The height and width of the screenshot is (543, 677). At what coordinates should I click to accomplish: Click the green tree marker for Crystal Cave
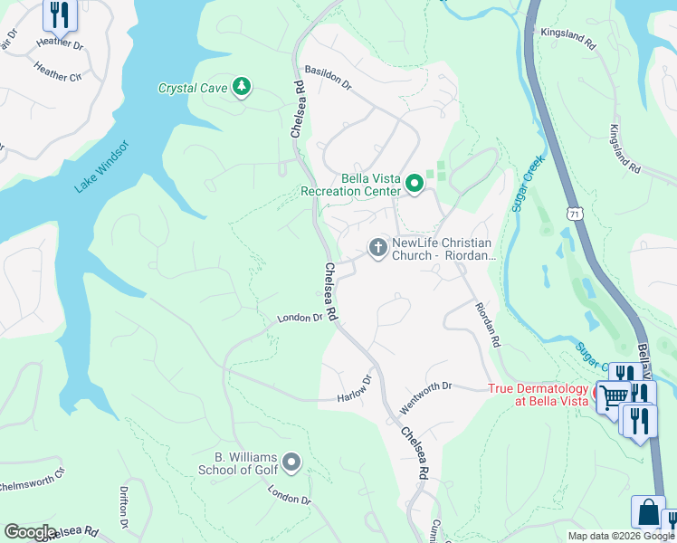[242, 87]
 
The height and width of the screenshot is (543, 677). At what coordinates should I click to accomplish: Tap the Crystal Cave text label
[194, 88]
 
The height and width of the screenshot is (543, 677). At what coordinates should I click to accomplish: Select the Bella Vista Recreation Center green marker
[415, 185]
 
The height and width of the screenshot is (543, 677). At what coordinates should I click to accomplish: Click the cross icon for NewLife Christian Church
[377, 246]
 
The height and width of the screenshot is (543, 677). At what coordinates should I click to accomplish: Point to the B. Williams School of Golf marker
[291, 462]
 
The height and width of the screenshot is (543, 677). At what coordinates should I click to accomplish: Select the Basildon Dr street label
[328, 76]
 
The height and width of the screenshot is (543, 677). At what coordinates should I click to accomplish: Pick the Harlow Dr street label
[355, 391]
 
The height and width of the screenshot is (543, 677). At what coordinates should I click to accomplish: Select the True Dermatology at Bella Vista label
[539, 395]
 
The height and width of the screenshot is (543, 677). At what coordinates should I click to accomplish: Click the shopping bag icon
[648, 511]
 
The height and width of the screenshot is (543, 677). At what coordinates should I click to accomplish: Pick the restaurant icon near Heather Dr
[59, 14]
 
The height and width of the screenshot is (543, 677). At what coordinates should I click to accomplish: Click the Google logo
[30, 532]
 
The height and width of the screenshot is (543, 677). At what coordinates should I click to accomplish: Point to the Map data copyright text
[621, 536]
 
